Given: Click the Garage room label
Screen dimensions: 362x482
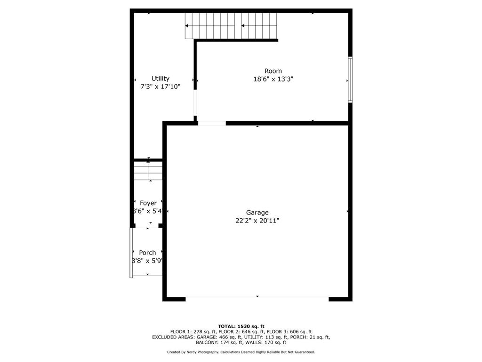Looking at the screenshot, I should coord(257,213).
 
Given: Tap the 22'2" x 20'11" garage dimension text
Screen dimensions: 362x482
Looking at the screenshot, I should coord(257,220).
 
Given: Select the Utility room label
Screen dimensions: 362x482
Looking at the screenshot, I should coord(161,78).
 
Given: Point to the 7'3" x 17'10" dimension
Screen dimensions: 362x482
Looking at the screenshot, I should coord(161,86).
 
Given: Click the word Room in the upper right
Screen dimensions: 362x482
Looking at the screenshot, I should coord(273,71).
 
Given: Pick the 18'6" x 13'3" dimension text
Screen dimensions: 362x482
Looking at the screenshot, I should coord(273,79).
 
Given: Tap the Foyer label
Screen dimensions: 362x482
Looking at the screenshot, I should coord(148,203).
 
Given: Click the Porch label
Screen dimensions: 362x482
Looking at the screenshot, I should coord(147,253).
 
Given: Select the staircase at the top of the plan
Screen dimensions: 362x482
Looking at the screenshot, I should coord(231,25).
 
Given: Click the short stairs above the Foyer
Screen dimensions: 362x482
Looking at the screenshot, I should coord(148,171).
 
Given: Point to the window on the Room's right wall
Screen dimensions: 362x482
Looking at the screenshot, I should coord(350,79).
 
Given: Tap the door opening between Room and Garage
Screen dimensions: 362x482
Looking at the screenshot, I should coord(212,123).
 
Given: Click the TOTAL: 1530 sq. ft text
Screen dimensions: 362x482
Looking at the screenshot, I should coord(241,326).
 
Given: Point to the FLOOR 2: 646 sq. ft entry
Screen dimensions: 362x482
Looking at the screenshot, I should coord(241,332).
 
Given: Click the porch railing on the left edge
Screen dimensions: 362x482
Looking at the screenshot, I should coord(131,253).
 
